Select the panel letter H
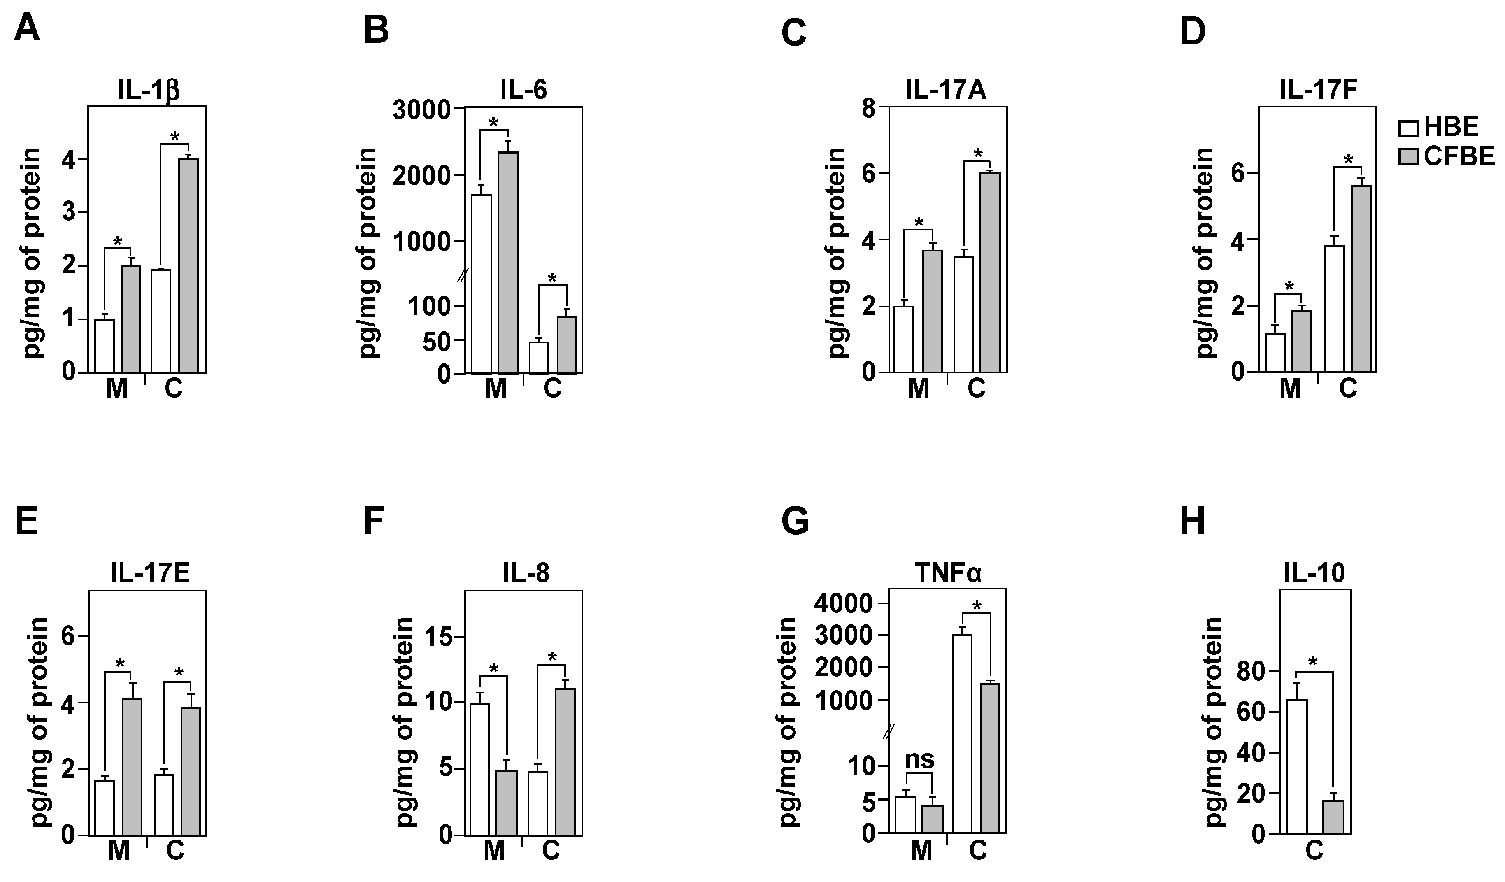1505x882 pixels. (1193, 521)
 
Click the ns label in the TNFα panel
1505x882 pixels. (920, 760)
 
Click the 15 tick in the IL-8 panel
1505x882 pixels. (439, 637)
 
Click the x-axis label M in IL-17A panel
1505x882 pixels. (919, 389)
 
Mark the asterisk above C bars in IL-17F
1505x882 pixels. (1348, 160)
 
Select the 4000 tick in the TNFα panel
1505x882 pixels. (843, 604)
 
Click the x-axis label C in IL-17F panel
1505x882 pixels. (1347, 389)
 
